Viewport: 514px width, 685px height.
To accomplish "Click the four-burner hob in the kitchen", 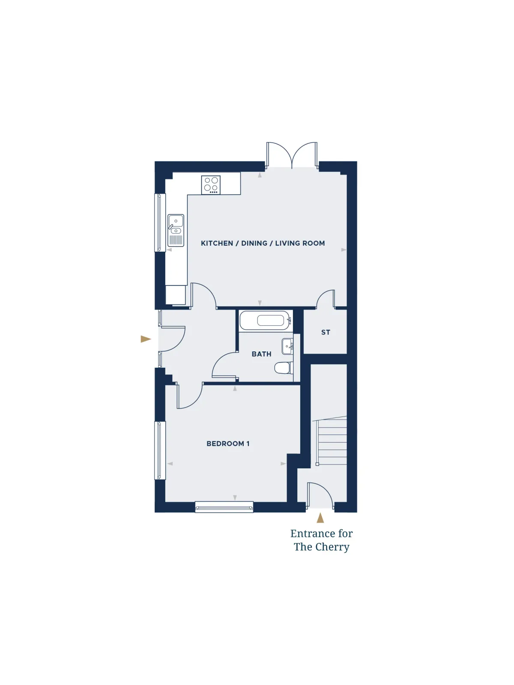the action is pos(211,185).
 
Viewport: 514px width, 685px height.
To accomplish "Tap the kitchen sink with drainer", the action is pos(176,230).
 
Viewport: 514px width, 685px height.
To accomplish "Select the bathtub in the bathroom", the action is pos(266,320).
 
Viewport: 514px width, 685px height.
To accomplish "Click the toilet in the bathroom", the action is pos(284,368).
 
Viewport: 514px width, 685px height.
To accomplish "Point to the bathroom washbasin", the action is pos(287,346).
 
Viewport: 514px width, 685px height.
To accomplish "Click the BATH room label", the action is pos(262,354).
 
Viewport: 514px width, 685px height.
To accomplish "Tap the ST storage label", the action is pos(326,332).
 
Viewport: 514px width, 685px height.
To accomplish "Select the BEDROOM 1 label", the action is pos(228,444).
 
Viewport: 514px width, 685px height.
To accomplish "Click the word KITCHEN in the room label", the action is pos(217,243).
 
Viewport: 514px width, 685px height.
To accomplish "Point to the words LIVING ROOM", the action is pos(300,243).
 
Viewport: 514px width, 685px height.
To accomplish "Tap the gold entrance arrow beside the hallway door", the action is pos(146,339).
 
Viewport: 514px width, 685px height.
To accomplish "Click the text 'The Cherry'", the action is pos(321,547).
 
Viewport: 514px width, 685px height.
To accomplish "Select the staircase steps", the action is pos(331,441).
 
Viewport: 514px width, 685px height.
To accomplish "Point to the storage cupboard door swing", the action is pos(326,299).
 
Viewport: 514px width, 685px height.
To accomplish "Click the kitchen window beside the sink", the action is pos(160,222).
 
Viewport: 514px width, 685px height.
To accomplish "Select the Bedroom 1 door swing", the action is pos(189,396).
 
